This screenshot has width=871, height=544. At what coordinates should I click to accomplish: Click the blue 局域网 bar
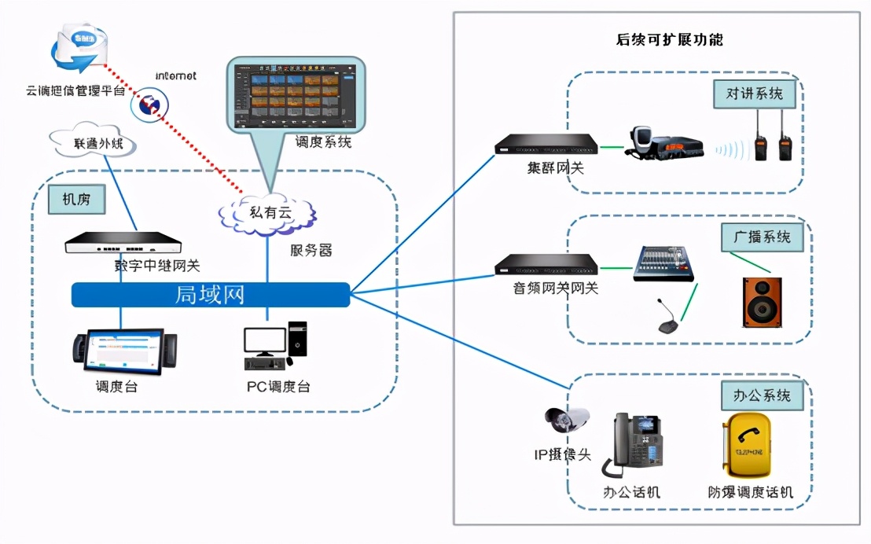click(x=210, y=295)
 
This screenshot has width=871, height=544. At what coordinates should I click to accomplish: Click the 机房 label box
click(x=76, y=200)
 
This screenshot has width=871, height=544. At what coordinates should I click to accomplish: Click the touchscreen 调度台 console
click(x=124, y=352)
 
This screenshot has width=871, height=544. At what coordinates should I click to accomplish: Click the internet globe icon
click(x=149, y=105)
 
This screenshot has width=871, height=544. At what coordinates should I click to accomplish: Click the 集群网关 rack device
click(x=546, y=145)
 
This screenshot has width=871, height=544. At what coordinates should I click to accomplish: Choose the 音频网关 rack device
click(x=546, y=265)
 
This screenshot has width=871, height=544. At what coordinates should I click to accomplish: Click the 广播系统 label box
click(x=761, y=236)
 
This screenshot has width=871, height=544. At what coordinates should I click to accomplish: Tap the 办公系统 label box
click(x=761, y=395)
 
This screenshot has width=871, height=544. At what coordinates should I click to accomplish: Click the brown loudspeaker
click(x=762, y=302)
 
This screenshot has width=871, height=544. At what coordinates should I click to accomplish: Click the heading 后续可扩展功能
click(x=669, y=39)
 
